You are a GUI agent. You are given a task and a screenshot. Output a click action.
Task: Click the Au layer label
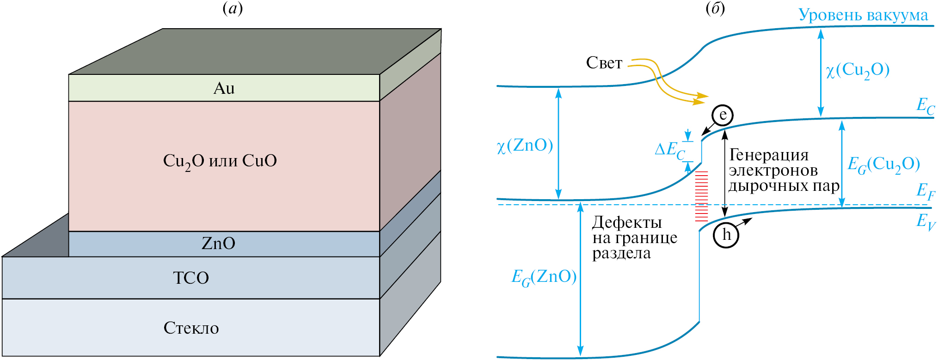coord(224,88)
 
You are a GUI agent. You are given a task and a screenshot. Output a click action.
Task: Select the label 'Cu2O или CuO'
coord(220,161)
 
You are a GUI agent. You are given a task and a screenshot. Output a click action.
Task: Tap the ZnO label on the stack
coord(218,244)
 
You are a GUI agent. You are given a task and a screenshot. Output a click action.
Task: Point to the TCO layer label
coord(191,278)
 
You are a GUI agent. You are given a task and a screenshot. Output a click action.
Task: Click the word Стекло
coord(191,328)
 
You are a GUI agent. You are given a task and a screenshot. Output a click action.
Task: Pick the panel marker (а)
coord(233,8)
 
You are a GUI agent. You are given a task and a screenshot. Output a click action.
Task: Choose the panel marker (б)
coord(715,8)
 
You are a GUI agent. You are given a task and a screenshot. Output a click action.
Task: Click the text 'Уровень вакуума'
coord(863,15)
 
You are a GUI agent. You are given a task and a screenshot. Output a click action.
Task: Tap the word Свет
coord(604,63)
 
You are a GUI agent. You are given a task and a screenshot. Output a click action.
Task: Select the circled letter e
coord(723,116)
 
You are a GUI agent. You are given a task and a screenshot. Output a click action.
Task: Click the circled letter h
coord(726,235)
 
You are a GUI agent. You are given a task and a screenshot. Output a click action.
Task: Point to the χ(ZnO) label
coord(525,146)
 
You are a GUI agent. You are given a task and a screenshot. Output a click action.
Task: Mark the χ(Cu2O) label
coord(858,70)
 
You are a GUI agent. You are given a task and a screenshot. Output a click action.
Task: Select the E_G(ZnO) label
coord(544,277)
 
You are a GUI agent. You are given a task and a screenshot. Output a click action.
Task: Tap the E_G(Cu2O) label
coord(883,165)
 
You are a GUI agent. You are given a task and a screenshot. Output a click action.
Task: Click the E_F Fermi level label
coord(926,191)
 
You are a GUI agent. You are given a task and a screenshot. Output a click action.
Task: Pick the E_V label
coord(926,221)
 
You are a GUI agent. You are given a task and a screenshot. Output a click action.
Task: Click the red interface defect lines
coord(702,196)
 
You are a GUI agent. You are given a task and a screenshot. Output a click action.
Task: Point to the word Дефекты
coord(627,223)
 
